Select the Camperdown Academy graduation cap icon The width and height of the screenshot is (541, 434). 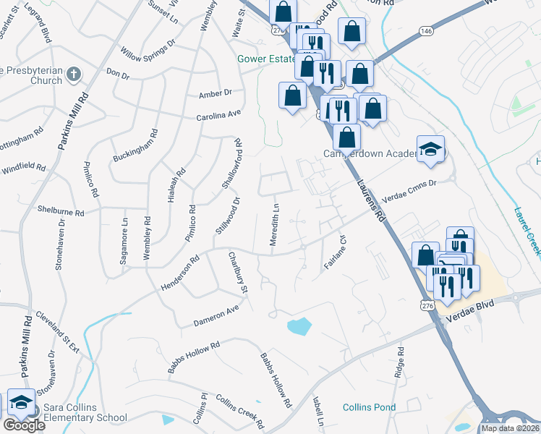coord(431,150)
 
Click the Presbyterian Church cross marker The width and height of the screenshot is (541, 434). coord(73,73)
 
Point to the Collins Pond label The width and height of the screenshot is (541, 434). coord(369,407)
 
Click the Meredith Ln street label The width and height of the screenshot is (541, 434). coord(275,228)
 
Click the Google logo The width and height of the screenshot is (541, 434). coord(24,425)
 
